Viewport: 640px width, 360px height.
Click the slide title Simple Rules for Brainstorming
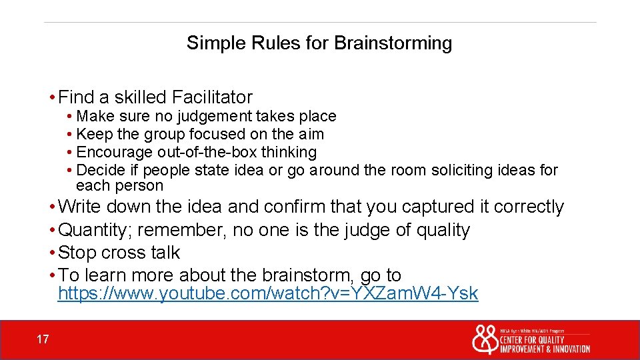[x=319, y=43]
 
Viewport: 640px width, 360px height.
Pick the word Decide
[x=101, y=170]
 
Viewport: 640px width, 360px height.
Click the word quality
[x=443, y=231]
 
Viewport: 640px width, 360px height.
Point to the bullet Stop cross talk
[x=119, y=253]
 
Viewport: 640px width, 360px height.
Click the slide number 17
[x=43, y=339]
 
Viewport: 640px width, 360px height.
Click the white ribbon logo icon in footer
[x=485, y=339]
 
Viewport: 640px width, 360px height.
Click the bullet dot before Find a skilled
[x=51, y=98]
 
